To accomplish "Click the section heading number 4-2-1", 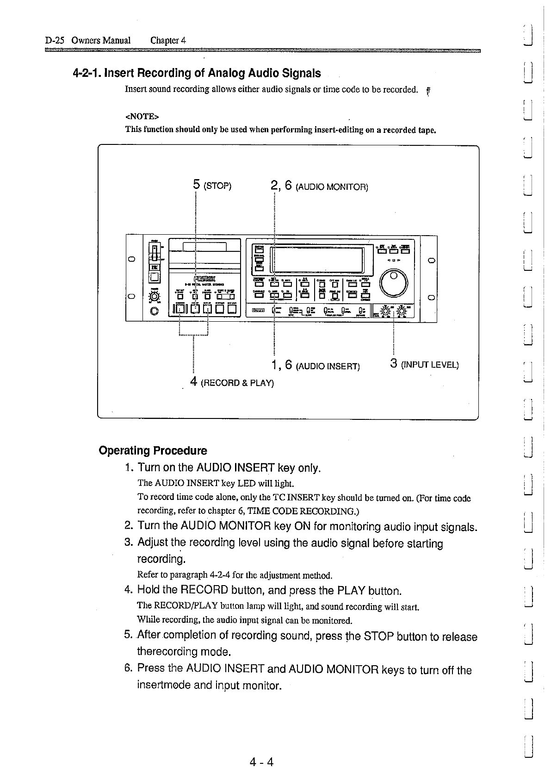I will coord(87,73).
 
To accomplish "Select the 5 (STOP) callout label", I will coord(211,186).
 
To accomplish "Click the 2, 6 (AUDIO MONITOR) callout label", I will coord(319,187).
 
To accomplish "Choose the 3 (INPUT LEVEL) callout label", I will coord(424,364).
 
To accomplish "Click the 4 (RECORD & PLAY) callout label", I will coord(232,382).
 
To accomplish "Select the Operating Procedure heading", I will coord(153,450).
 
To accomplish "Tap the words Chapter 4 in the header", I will coord(168,40).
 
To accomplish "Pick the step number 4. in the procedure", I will coord(129,590).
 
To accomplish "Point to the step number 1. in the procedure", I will coord(130,468).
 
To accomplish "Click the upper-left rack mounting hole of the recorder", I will coord(132,259).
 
